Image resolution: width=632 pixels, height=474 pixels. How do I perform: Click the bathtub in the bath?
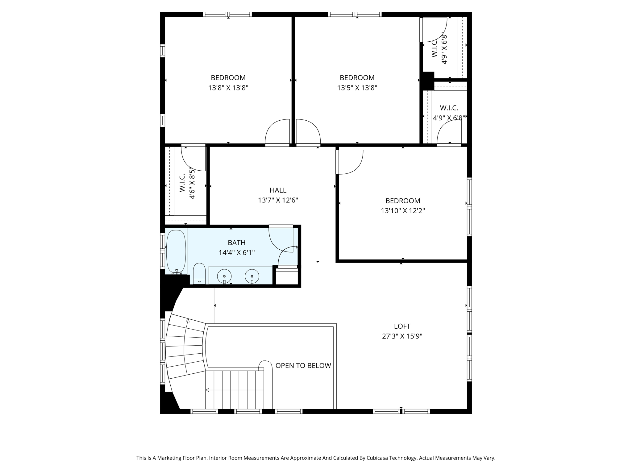tap(176, 252)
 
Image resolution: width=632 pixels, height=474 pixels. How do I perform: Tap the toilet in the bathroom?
tap(199, 273)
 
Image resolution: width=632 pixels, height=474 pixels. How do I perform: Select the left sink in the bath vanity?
tap(225, 276)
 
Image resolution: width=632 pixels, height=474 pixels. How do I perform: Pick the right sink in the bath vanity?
tap(252, 276)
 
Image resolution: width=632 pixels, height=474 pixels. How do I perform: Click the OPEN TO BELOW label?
tap(303, 366)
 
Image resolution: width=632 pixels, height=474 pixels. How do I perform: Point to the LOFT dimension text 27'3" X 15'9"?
tap(402, 336)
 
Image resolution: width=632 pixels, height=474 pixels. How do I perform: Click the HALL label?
tap(278, 190)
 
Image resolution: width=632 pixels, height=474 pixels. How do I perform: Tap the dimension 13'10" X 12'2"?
tap(403, 211)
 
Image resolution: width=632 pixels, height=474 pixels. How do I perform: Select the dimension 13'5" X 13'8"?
tap(357, 88)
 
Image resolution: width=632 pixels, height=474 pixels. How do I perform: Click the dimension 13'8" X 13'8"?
tap(228, 88)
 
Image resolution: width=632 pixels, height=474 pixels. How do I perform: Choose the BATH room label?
tap(237, 243)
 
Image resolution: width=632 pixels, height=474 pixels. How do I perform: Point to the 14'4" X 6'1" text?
tap(237, 253)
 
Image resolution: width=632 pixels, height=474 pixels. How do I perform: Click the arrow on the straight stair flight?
tap(208, 390)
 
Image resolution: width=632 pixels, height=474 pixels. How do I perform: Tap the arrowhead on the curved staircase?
tap(188, 321)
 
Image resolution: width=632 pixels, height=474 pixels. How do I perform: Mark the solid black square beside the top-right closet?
tap(428, 81)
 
